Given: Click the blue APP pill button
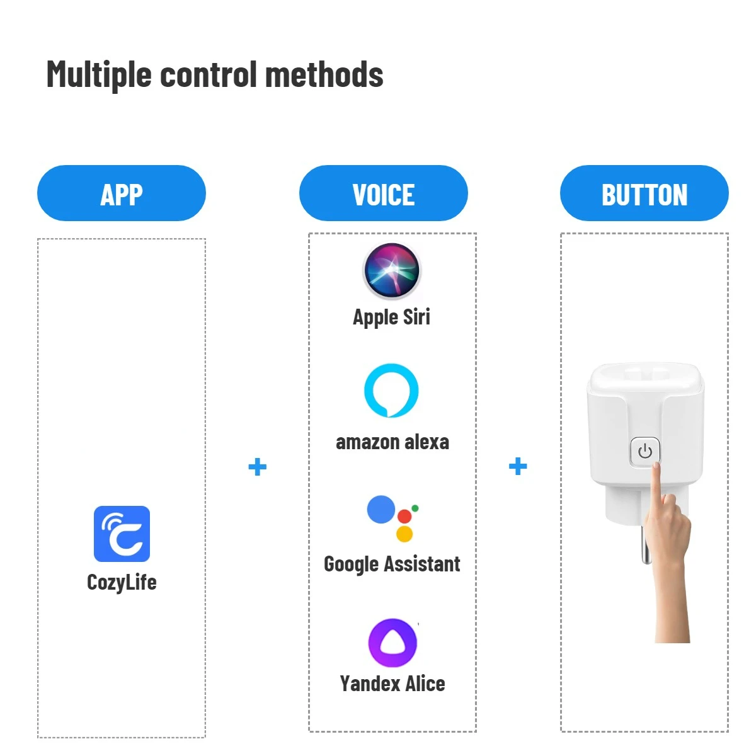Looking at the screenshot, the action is click(x=122, y=193).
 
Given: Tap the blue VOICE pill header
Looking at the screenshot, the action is click(x=383, y=193).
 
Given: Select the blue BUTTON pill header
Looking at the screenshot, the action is click(x=644, y=193).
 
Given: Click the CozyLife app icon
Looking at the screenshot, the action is click(x=122, y=534).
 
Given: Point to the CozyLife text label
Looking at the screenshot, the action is click(x=122, y=582).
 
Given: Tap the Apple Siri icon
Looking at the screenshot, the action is click(x=392, y=271).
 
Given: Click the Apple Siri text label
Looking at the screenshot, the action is click(x=392, y=317).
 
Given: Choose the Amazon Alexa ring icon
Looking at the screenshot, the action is click(x=391, y=390).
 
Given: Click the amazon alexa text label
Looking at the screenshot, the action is click(x=392, y=442).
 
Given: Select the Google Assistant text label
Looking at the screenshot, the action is click(x=392, y=564).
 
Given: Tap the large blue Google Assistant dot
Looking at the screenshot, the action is click(x=381, y=510).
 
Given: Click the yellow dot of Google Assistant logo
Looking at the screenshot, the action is click(x=404, y=534).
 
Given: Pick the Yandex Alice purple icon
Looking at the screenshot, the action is click(x=392, y=643).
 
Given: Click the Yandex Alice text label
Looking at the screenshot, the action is click(x=392, y=684).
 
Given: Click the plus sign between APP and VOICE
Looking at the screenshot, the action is click(x=257, y=467).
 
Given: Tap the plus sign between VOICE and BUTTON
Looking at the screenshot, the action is click(x=518, y=466).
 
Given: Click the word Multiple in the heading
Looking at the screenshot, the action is click(x=99, y=75).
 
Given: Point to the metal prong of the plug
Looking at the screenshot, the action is click(x=646, y=545).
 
